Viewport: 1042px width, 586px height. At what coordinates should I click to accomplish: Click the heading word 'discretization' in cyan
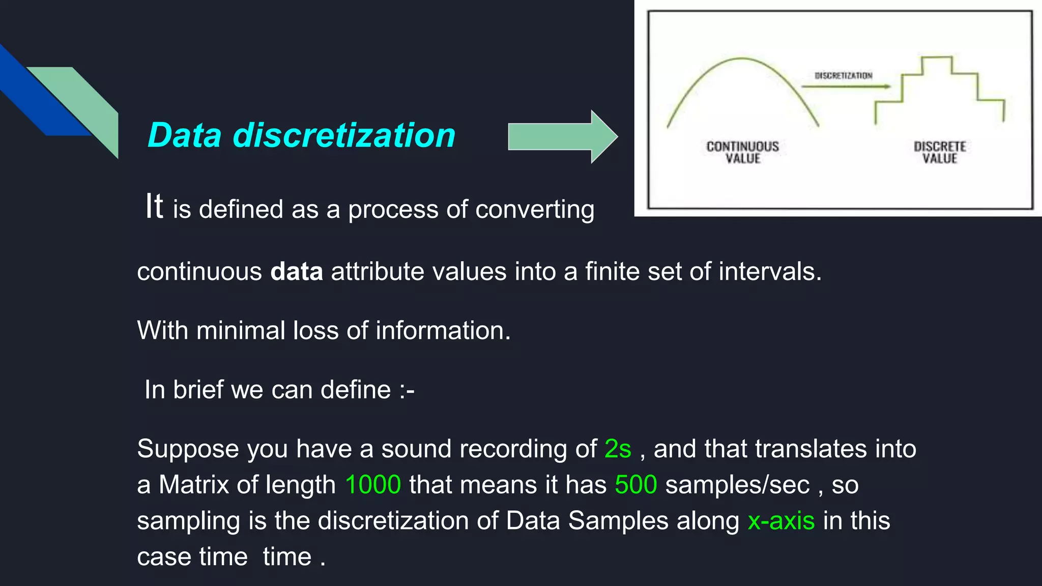[344, 136]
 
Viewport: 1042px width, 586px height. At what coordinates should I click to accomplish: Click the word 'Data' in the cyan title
[184, 136]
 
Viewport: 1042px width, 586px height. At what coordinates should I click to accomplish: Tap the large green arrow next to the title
[562, 136]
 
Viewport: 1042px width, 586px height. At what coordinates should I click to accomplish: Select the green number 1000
[373, 484]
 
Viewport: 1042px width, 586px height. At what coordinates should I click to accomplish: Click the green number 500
[635, 484]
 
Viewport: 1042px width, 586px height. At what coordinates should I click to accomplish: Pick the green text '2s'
[618, 449]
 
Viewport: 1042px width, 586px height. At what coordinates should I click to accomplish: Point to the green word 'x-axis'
[781, 521]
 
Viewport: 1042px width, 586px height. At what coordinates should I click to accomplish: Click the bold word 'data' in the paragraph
[296, 272]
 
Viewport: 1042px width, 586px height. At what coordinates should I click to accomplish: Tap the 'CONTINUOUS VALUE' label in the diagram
[742, 153]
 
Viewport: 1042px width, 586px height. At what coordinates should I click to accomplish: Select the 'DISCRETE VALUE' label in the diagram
[939, 153]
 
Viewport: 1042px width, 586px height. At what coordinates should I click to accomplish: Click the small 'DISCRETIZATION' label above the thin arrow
[843, 76]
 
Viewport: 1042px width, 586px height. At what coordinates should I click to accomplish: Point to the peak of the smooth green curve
[742, 59]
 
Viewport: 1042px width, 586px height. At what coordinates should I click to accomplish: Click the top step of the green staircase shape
[936, 57]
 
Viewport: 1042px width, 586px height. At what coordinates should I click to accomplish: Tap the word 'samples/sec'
[737, 485]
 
